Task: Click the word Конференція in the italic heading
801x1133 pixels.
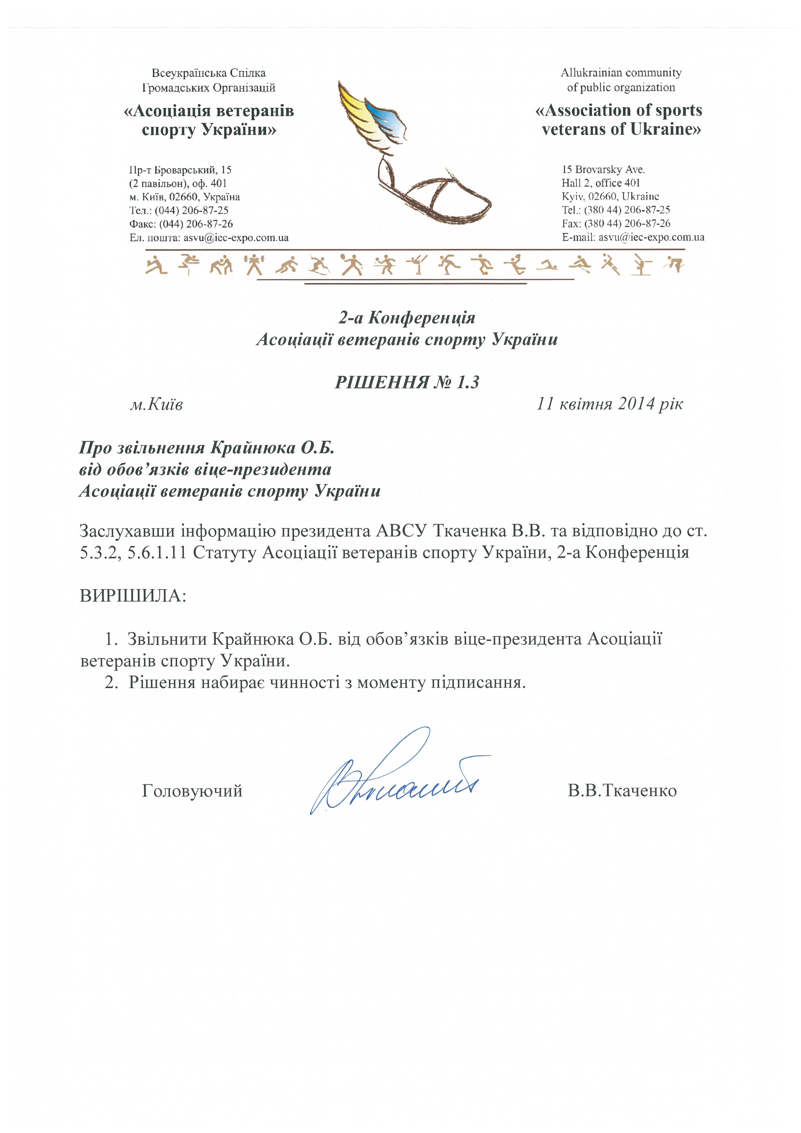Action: tap(422, 318)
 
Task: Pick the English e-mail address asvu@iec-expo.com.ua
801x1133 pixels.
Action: tap(651, 237)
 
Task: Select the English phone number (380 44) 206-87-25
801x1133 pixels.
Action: tap(626, 210)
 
